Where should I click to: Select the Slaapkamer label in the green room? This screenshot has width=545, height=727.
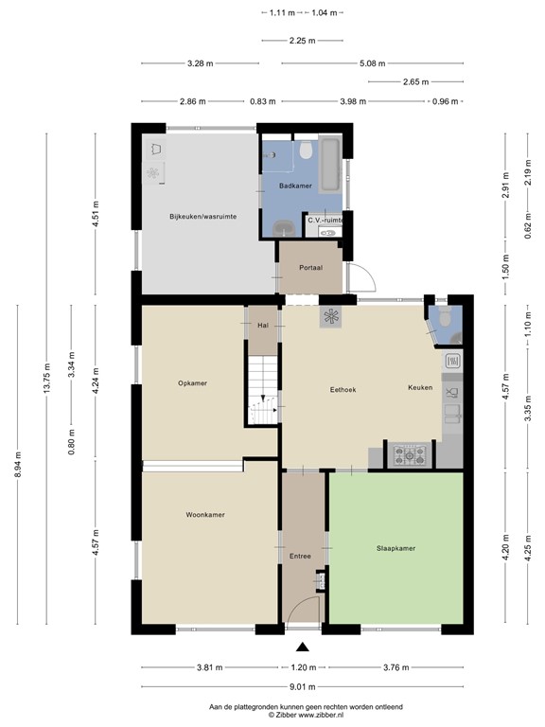[x=396, y=548]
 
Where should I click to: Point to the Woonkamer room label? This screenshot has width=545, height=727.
[x=204, y=515]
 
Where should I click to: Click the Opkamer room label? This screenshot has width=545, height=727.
[x=192, y=383]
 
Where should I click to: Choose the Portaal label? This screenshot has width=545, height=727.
[x=310, y=268]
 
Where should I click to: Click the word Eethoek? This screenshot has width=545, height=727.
[x=342, y=388]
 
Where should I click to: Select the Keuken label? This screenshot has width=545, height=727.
[x=420, y=388]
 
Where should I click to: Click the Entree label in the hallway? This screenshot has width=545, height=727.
[x=301, y=557]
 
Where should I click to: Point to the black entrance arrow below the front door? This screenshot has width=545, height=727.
[x=303, y=647]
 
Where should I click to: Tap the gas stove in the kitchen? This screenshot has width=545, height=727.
[x=410, y=455]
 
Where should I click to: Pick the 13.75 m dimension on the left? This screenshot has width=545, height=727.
[x=45, y=374]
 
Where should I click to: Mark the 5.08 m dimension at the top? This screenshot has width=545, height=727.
[x=373, y=63]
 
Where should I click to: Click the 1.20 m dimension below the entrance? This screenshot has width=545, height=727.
[x=303, y=666]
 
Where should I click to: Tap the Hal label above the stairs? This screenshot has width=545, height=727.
[x=262, y=325]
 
